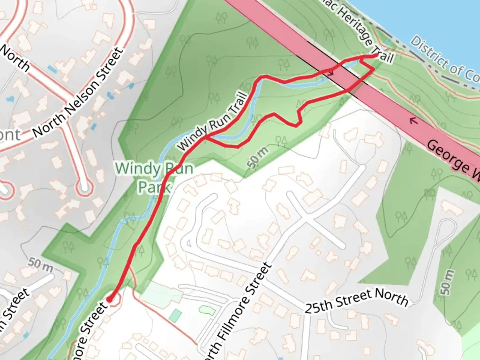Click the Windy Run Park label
(154, 177)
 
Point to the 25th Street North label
(356, 301)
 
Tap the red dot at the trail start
(109, 299)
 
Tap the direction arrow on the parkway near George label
(414, 121)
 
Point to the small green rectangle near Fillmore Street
(175, 315)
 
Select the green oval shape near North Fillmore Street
(207, 310)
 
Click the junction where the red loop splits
(207, 137)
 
